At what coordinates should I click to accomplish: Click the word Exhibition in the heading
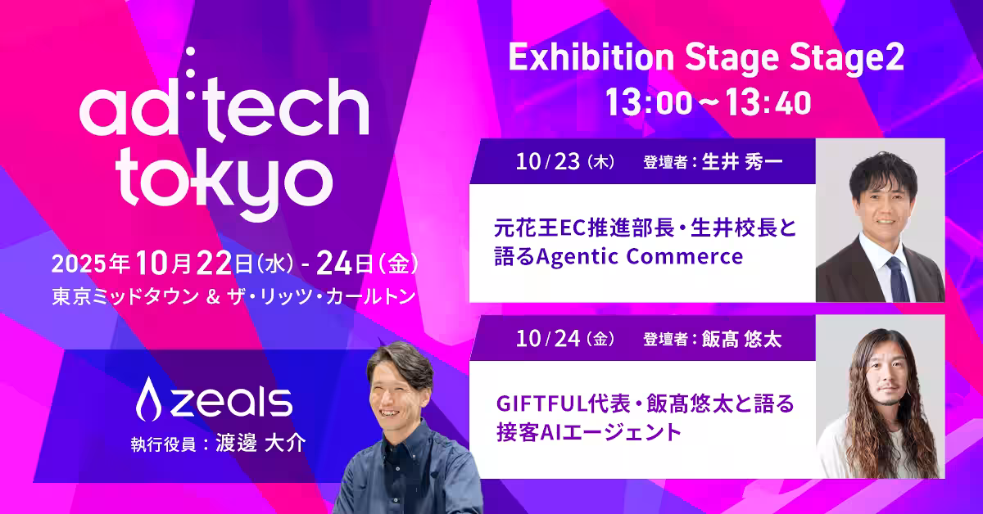tap(591, 58)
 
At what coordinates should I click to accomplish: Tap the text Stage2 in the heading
tap(846, 59)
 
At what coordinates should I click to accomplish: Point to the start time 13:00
tap(649, 102)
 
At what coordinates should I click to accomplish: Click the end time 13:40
tap(768, 102)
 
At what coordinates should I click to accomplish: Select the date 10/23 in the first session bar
tap(548, 162)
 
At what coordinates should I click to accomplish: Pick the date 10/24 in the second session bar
tap(548, 339)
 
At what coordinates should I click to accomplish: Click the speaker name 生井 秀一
tap(742, 162)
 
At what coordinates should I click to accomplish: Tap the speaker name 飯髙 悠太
tap(741, 340)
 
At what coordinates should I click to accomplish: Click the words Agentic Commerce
tap(640, 256)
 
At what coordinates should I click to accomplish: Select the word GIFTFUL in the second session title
tap(541, 404)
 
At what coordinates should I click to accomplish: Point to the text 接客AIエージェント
tap(588, 432)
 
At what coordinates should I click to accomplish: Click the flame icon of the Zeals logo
tap(148, 399)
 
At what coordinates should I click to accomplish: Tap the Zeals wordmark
tap(231, 402)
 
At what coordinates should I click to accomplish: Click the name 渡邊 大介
tap(260, 444)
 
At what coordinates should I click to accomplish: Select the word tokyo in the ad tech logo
tap(224, 184)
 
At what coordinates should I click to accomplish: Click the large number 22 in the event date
tap(214, 264)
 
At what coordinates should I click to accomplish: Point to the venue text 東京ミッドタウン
tap(125, 296)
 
